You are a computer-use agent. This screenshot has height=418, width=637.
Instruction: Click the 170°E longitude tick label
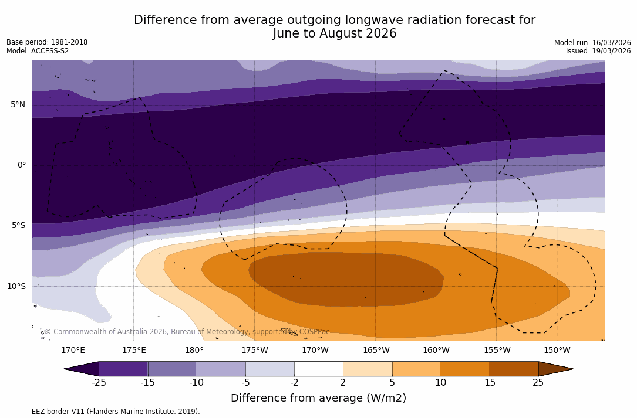73,351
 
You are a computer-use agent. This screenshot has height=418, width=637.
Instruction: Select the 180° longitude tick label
194,351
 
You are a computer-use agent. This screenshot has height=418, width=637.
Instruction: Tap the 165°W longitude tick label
376,351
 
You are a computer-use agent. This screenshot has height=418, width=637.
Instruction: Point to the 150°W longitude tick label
557,351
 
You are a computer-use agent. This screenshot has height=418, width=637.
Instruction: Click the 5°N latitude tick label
18,104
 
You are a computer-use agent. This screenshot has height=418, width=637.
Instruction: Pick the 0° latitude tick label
21,165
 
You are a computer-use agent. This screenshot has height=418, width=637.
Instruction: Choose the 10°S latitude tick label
16,286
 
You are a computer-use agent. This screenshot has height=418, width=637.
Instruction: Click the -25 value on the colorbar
99,383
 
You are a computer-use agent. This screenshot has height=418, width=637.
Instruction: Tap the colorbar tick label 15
489,383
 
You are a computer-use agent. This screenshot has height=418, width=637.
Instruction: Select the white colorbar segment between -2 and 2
318,369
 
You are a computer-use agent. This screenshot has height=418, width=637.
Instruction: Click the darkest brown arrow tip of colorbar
554,369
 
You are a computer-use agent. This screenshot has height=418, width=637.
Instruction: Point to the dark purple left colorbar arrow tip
83,369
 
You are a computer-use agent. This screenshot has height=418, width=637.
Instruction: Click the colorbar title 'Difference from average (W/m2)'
318,398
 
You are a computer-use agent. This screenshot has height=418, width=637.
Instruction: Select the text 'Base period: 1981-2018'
47,42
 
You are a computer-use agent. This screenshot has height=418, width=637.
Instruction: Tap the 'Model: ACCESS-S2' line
38,51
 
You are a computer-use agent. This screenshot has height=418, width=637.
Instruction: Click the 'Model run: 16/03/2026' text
592,43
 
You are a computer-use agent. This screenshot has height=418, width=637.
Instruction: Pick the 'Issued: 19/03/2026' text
598,51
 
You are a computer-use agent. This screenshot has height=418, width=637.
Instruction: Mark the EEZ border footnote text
103,412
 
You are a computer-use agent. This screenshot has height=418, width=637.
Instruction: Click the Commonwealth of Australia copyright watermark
187,332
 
